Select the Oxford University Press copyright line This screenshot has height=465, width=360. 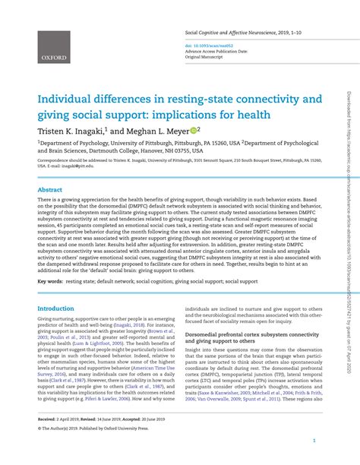92,427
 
